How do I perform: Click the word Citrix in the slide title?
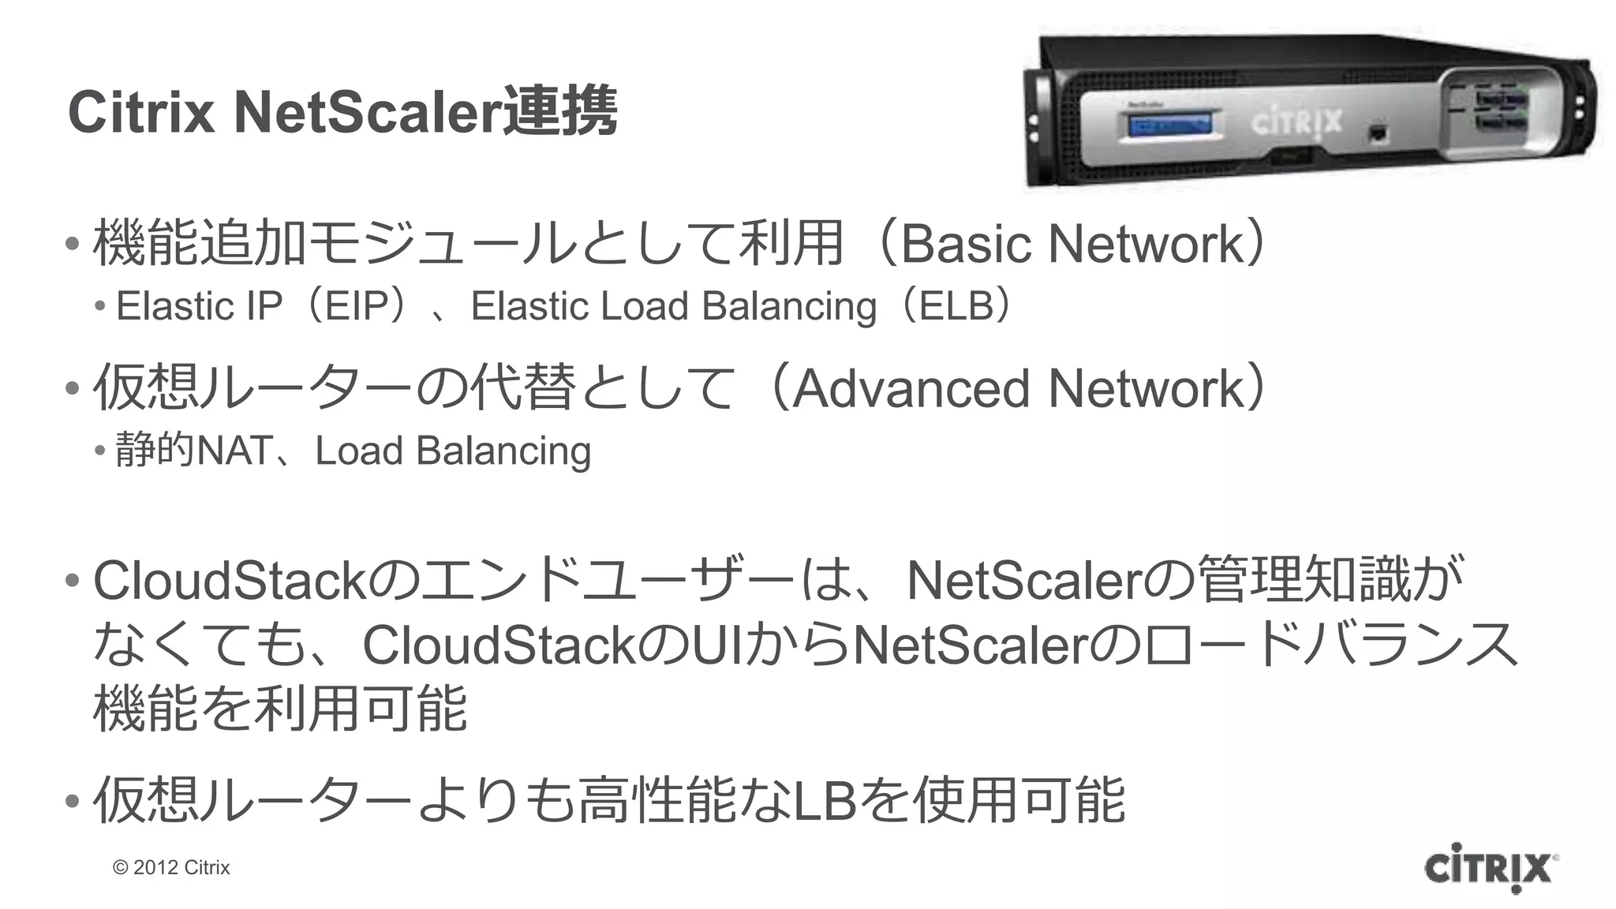[x=140, y=113]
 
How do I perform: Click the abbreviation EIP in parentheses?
[x=357, y=306]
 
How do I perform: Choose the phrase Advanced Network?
[x=1019, y=388]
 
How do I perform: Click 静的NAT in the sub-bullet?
[x=193, y=451]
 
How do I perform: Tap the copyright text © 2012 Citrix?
[x=171, y=867]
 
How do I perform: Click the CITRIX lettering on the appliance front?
[x=1296, y=122]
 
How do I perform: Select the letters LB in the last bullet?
[x=825, y=800]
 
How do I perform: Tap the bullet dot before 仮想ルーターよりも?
[x=73, y=802]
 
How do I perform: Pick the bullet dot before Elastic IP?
[x=99, y=306]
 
